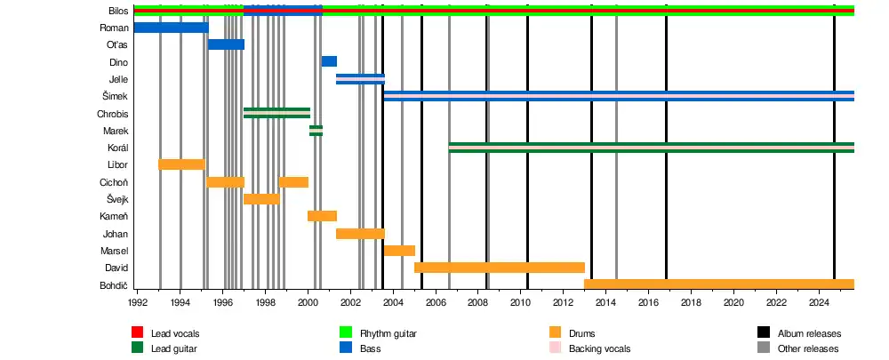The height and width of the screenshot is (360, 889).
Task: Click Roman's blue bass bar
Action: coord(171,28)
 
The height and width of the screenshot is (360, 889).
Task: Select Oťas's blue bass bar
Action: coord(226,44)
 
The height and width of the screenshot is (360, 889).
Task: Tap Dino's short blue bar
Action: coord(329,61)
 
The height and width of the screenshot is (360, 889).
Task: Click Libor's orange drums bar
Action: coord(180,164)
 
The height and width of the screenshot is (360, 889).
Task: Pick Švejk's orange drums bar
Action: coord(260,199)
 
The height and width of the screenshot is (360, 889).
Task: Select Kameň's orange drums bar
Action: coord(322,216)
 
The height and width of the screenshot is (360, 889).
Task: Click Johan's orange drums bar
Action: coord(360,234)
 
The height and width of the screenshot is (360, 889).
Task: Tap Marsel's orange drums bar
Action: coord(399,251)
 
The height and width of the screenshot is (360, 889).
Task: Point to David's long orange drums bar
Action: coord(499,268)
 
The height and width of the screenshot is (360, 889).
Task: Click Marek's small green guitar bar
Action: coord(316,131)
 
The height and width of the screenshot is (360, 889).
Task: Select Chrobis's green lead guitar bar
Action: coord(276,113)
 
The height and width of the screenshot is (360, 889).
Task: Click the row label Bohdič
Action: coord(114,285)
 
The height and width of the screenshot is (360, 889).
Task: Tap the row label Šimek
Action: coord(116,96)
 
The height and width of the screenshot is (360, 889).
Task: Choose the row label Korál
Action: coord(116,148)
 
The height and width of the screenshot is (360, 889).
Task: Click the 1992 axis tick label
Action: coord(138,303)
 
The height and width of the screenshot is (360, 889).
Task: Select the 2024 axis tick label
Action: coord(818,303)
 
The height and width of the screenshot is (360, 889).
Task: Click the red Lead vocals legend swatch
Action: coord(138,332)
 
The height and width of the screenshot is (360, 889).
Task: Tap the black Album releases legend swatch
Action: coord(764,332)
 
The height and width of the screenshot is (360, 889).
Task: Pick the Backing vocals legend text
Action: coord(599,348)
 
